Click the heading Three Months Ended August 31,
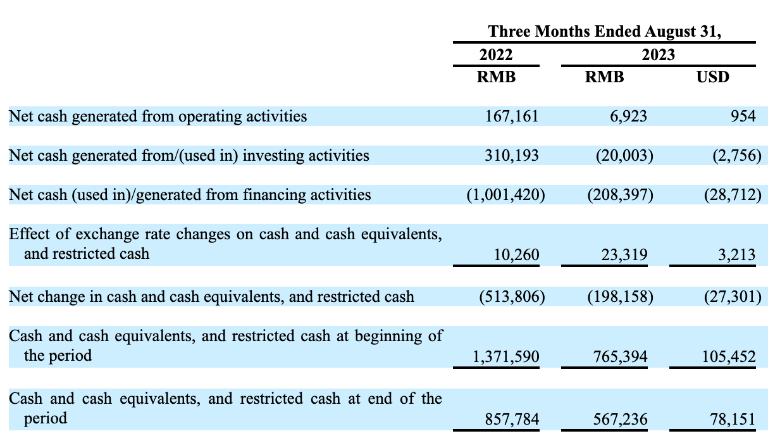[x=604, y=32]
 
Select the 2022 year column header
[x=496, y=54]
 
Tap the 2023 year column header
[x=658, y=54]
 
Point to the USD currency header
[x=712, y=77]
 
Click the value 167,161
[x=512, y=116]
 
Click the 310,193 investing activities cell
[x=512, y=155]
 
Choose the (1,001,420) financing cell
[x=505, y=194]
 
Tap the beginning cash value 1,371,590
[x=507, y=357]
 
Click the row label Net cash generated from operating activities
[x=158, y=116]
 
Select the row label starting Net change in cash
[x=211, y=296]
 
